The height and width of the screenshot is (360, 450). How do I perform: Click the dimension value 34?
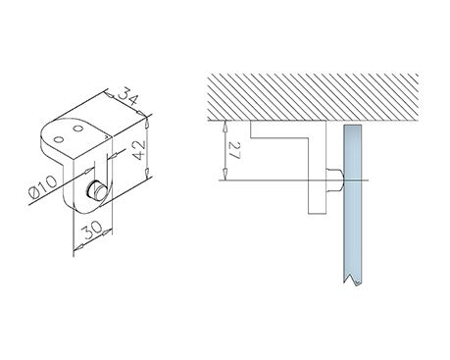(x=127, y=98)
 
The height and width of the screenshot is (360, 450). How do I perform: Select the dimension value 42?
(x=138, y=150)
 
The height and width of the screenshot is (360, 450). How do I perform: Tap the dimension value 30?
(x=90, y=231)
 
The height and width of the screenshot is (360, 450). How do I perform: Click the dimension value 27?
(x=235, y=150)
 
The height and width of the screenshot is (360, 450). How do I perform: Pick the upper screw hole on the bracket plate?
(x=78, y=129)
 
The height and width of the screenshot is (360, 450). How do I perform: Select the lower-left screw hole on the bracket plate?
(x=59, y=139)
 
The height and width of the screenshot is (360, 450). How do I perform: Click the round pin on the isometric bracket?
(x=96, y=191)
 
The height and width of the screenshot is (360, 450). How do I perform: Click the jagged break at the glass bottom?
(x=353, y=280)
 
